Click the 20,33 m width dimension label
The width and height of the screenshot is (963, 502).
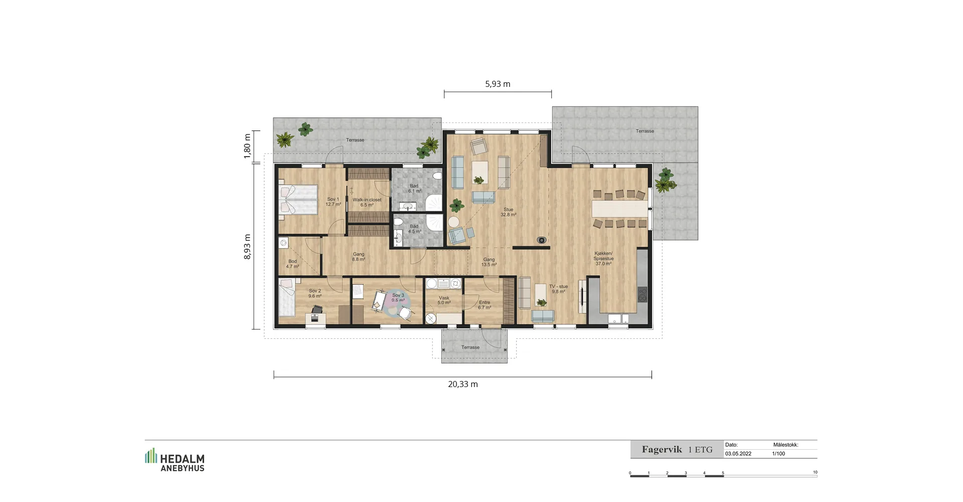click(x=462, y=385)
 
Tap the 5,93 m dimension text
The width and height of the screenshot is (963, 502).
click(x=498, y=84)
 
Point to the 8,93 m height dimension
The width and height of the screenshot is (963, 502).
click(x=247, y=247)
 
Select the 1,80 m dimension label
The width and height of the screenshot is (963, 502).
click(x=247, y=146)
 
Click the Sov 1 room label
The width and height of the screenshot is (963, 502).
click(x=333, y=202)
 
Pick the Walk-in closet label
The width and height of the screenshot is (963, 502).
click(x=367, y=202)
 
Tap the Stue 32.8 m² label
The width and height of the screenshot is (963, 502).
click(x=508, y=212)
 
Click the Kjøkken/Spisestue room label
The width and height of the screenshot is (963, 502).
click(x=603, y=259)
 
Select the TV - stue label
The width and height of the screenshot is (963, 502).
click(x=558, y=289)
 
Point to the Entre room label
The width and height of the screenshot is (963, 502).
click(x=485, y=305)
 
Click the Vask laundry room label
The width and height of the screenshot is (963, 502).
click(x=444, y=300)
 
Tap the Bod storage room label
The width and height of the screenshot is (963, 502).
click(x=292, y=264)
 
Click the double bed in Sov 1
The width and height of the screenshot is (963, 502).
click(x=298, y=200)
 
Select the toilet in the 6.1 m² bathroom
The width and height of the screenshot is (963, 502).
click(x=437, y=176)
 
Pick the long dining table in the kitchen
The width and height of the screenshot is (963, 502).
click(x=620, y=209)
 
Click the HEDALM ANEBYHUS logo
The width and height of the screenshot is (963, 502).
click(x=175, y=460)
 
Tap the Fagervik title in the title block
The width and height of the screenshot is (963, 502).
click(x=662, y=450)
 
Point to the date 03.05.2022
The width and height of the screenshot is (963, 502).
click(x=738, y=454)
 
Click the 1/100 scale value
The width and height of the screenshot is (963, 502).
click(x=778, y=454)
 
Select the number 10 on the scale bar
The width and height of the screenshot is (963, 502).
click(x=815, y=472)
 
